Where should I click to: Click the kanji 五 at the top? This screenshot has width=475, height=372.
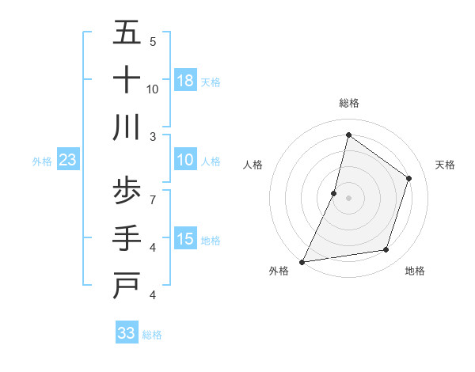tap(127, 33)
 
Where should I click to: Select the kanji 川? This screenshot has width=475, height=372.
tap(127, 127)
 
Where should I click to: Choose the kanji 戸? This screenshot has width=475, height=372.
tap(127, 285)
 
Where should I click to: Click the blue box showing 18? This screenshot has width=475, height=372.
tap(185, 81)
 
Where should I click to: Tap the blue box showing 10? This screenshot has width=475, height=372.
tap(185, 160)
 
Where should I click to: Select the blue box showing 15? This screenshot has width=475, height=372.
tap(185, 239)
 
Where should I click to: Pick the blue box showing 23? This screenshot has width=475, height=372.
tap(68, 160)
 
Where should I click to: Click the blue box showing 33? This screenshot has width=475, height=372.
tap(127, 333)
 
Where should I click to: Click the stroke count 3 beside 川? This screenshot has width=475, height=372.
tap(153, 135)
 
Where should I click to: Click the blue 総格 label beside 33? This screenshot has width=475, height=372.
tap(152, 335)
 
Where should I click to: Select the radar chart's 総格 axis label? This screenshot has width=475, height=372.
tap(348, 103)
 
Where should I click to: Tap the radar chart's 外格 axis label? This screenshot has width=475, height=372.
tap(279, 271)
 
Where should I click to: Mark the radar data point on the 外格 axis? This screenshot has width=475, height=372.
tap(302, 261)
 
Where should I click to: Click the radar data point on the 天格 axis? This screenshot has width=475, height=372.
tap(409, 178)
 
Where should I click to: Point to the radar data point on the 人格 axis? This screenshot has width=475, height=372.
tap(334, 193)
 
